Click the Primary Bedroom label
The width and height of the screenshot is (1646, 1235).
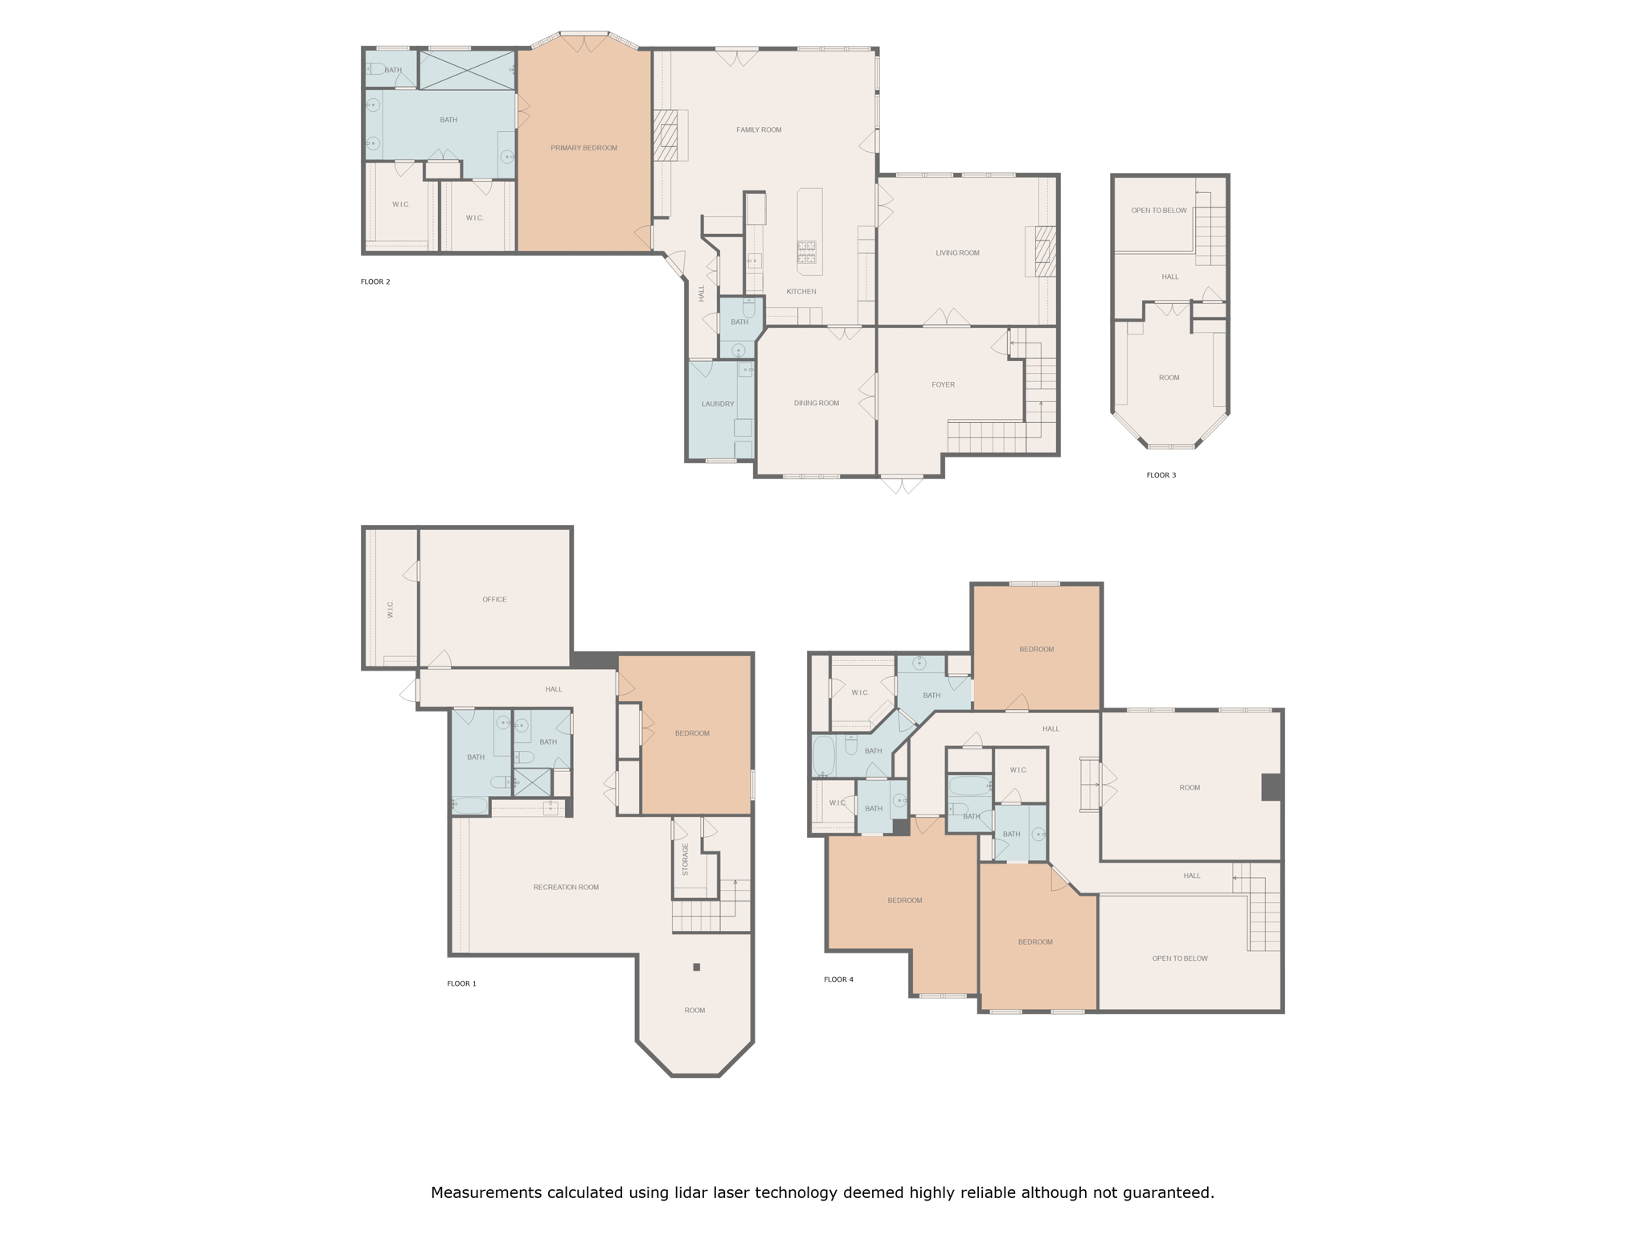click(x=583, y=148)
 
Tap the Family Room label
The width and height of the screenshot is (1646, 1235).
click(x=759, y=129)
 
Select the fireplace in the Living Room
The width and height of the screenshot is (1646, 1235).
click(x=1044, y=251)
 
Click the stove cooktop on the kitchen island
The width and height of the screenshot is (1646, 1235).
click(x=806, y=252)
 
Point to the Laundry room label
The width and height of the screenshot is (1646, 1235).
click(x=718, y=404)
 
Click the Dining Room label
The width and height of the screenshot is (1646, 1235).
click(x=817, y=403)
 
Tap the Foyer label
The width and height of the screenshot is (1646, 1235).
click(x=943, y=384)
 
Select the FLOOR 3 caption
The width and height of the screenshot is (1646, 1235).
click(x=1161, y=475)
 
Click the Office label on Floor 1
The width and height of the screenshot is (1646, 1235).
click(x=494, y=599)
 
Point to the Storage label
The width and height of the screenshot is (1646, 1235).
click(x=686, y=859)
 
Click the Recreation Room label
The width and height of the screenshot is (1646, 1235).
click(x=566, y=887)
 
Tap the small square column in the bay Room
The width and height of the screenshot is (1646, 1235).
click(x=696, y=967)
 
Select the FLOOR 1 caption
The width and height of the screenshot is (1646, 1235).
click(x=461, y=983)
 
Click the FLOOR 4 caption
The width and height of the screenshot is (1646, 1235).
click(x=838, y=979)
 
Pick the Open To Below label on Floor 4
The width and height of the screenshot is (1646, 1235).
click(x=1179, y=958)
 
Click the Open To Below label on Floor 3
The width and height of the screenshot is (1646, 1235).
click(x=1158, y=211)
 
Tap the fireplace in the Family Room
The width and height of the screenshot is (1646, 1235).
click(x=666, y=135)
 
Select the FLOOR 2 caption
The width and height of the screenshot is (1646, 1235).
click(x=375, y=281)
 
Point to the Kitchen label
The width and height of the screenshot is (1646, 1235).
click(x=800, y=291)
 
